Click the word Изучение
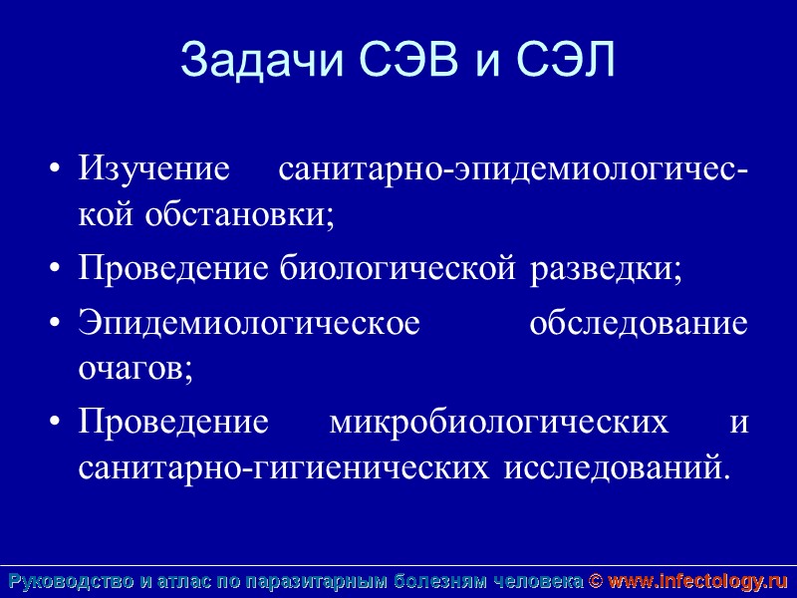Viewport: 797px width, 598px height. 154,167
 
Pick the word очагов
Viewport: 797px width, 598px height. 135,369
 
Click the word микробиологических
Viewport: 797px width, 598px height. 499,422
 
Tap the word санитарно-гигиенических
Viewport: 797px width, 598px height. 284,466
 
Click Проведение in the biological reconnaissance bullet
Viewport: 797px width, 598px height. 174,269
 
